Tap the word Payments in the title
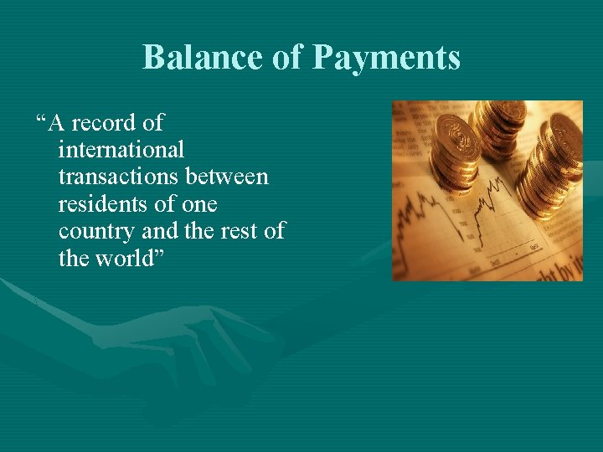pyautogui.click(x=387, y=59)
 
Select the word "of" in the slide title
pyautogui.click(x=285, y=57)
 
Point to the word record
pyautogui.click(x=105, y=123)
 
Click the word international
pyautogui.click(x=121, y=150)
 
